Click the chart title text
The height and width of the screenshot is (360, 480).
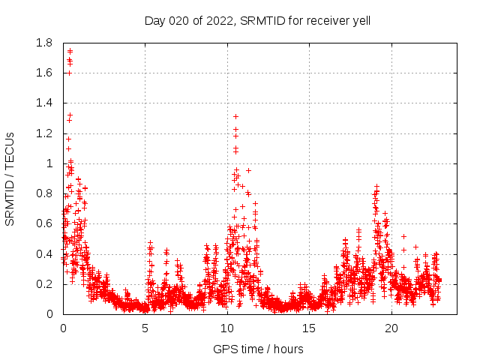pyautogui.click(x=257, y=21)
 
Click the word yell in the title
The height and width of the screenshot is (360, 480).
pyautogui.click(x=360, y=21)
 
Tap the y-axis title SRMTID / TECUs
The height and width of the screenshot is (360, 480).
pyautogui.click(x=10, y=178)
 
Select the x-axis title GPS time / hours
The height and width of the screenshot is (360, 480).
pyautogui.click(x=258, y=349)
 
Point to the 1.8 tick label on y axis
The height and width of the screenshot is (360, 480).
pyautogui.click(x=43, y=43)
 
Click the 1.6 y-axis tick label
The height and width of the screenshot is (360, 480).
pyautogui.click(x=43, y=73)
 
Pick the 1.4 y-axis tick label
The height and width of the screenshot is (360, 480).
pyautogui.click(x=43, y=103)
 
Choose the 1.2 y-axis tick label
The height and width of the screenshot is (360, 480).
pyautogui.click(x=43, y=133)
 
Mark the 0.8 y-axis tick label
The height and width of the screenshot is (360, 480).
pyautogui.click(x=43, y=193)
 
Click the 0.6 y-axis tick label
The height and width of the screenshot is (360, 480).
pyautogui.click(x=43, y=223)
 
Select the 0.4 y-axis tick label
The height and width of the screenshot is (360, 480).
pyautogui.click(x=43, y=254)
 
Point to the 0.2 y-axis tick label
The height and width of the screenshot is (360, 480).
pyautogui.click(x=43, y=284)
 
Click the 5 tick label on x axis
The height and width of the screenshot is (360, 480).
pyautogui.click(x=145, y=328)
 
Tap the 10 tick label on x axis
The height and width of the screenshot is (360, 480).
pyautogui.click(x=227, y=328)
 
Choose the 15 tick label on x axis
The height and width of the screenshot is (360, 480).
pyautogui.click(x=310, y=328)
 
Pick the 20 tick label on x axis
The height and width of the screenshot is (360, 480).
pyautogui.click(x=391, y=328)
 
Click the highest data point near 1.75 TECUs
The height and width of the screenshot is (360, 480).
pyautogui.click(x=70, y=51)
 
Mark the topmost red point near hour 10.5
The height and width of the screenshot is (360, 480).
pyautogui.click(x=235, y=116)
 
